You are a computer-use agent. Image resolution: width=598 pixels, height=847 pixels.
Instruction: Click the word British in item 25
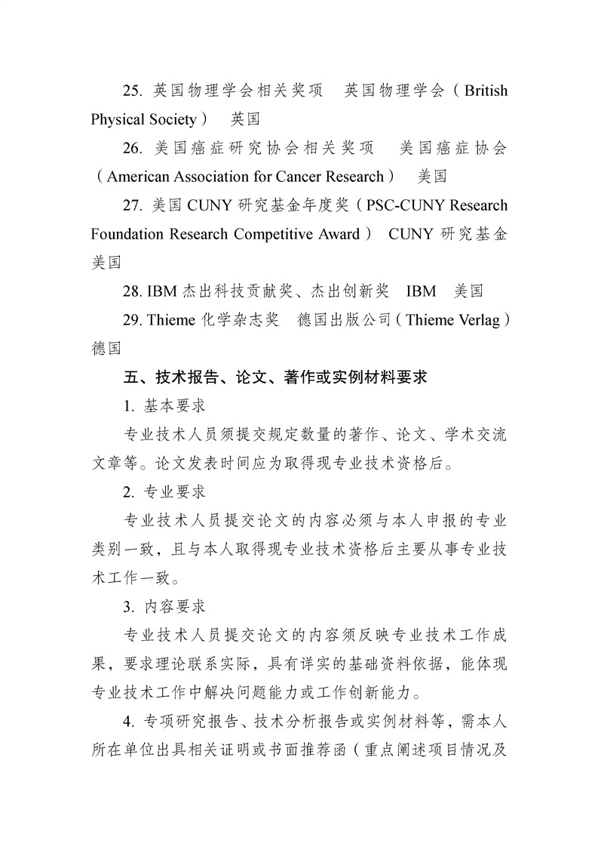point(486,91)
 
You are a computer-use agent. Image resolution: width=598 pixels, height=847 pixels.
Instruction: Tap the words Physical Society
point(143,120)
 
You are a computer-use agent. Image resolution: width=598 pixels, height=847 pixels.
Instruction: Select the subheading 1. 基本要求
point(164,406)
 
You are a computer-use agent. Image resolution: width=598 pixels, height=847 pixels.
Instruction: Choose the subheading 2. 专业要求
point(164,492)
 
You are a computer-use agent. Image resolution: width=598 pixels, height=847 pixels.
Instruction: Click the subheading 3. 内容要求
point(164,607)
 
